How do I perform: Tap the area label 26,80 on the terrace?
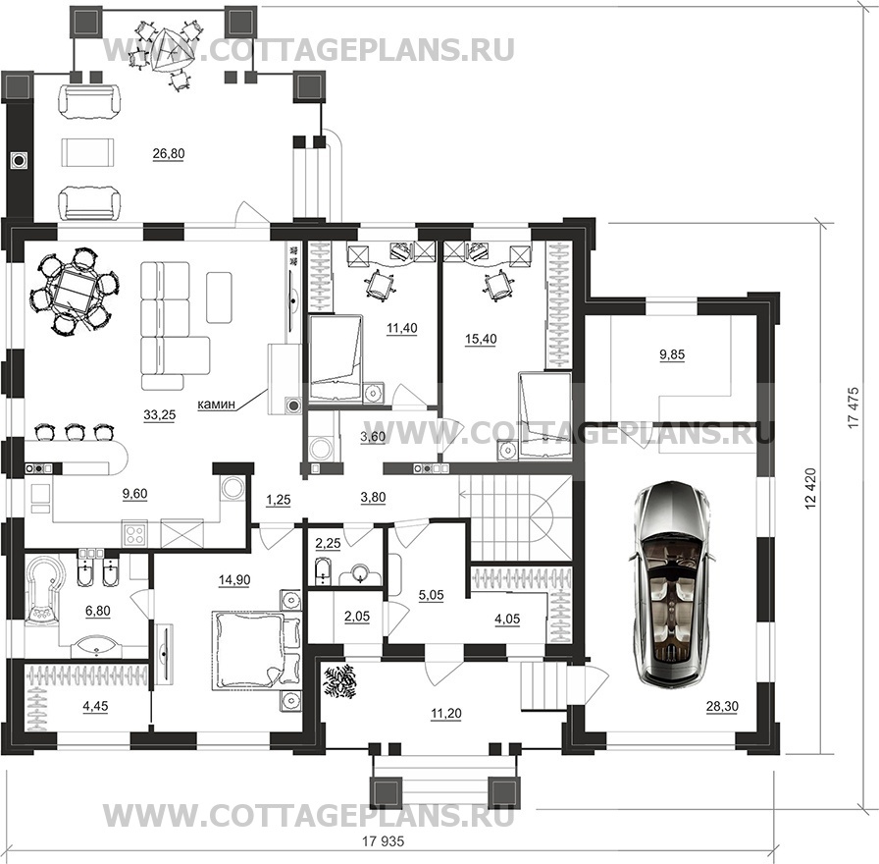point(169,154)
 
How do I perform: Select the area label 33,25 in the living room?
point(160,415)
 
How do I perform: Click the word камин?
point(216,404)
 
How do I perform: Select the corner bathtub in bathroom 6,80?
point(46,591)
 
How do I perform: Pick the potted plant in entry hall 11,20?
point(340,681)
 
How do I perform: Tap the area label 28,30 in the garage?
point(722,707)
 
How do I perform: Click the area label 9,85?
point(672,354)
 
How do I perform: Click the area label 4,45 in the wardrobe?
point(95,706)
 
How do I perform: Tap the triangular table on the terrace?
point(169,49)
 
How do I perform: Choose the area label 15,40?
point(481,339)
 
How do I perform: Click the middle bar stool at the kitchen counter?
point(75,432)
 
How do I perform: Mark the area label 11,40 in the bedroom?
point(402,328)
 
